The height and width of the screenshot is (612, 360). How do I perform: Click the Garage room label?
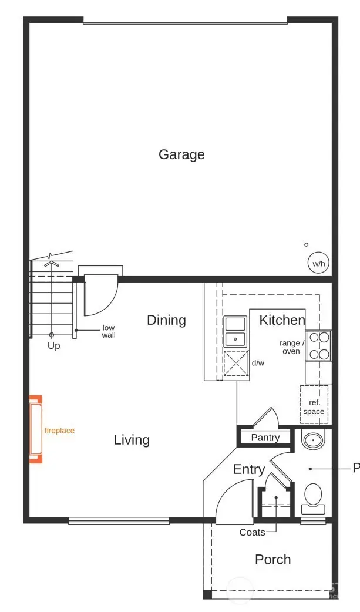coord(181,154)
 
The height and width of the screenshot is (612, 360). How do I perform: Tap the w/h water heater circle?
coord(318,264)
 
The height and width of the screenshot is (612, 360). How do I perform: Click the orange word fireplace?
coord(60,431)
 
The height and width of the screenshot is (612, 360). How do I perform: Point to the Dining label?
coord(166,320)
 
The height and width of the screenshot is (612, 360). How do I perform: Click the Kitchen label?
coord(282,320)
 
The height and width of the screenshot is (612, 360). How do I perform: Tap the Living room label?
coord(132,440)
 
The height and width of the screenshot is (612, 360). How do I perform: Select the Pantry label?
coord(265,438)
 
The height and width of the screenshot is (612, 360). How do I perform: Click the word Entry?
coord(249,469)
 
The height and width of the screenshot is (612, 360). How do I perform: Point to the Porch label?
coord(272,560)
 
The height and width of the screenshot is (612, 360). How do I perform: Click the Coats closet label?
coord(252,533)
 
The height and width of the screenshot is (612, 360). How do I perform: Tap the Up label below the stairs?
coord(53,346)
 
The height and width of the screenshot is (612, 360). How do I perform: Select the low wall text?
coord(109,331)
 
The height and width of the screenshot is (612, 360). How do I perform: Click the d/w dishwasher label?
coord(258,364)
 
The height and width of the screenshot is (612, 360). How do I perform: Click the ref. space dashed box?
coord(314,403)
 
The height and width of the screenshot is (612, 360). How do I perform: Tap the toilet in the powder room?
coord(312,495)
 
